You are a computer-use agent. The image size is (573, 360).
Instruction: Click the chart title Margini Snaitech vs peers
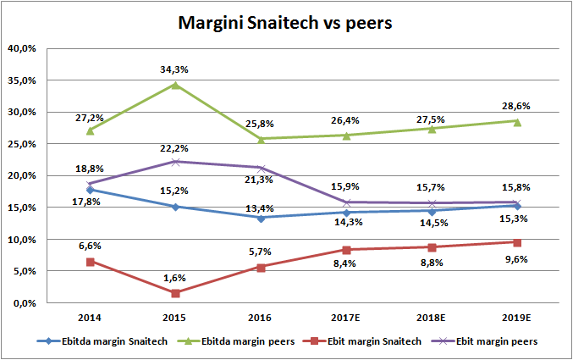pos(286,23)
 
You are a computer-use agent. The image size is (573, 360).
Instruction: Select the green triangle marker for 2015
pos(175,84)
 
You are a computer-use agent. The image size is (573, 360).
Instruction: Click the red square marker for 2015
pos(175,293)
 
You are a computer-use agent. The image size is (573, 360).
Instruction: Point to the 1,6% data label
pos(175,276)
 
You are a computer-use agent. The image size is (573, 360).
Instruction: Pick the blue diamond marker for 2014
pos(90,190)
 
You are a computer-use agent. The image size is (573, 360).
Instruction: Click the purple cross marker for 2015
pos(175,162)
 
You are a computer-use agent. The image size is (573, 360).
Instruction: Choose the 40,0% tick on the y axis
pos(22,48)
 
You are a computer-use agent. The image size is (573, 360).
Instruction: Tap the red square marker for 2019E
pos(516,242)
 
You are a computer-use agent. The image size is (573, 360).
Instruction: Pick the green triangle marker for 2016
pos(261,138)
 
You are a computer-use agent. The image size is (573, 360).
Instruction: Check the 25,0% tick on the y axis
pos(22,144)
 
